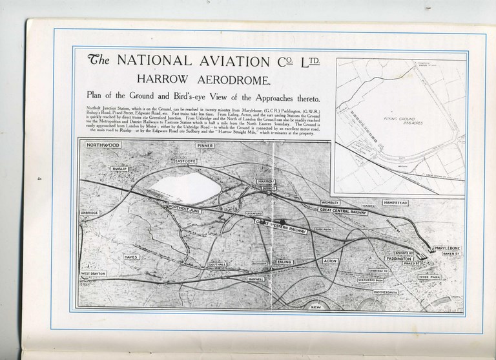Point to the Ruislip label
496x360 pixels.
pyautogui.click(x=121, y=169)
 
